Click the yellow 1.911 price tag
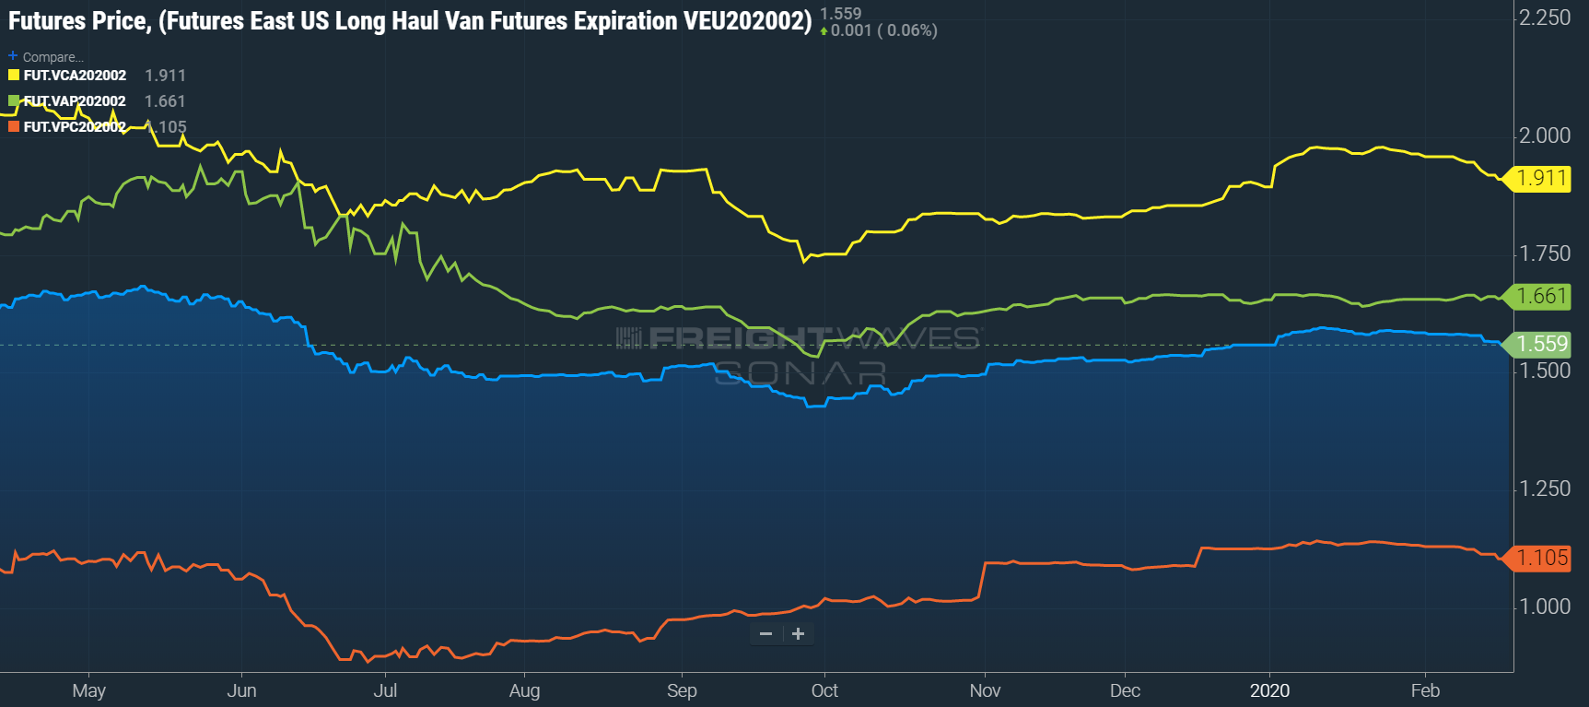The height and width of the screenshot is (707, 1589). (1541, 178)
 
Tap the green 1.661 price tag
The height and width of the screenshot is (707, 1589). (1541, 296)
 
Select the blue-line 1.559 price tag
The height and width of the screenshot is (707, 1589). (1541, 344)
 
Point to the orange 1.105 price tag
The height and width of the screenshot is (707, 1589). (1541, 558)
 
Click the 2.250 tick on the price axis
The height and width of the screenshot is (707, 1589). (1545, 18)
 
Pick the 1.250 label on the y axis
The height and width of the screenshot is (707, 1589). (1545, 489)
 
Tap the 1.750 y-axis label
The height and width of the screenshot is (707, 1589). (1545, 253)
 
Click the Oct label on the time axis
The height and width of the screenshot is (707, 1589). (824, 690)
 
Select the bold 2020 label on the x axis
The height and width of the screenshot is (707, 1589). (1269, 690)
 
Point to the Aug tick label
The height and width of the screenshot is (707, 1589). (524, 690)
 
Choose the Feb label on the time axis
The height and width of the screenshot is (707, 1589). (1425, 690)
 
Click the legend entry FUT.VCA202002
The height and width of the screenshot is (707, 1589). (75, 76)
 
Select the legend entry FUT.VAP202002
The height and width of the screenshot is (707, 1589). (75, 101)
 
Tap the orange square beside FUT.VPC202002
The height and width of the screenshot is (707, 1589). (14, 126)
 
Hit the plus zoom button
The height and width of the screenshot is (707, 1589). (798, 633)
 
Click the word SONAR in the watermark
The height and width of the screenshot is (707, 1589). (800, 372)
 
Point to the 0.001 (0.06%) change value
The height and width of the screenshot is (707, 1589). (883, 30)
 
